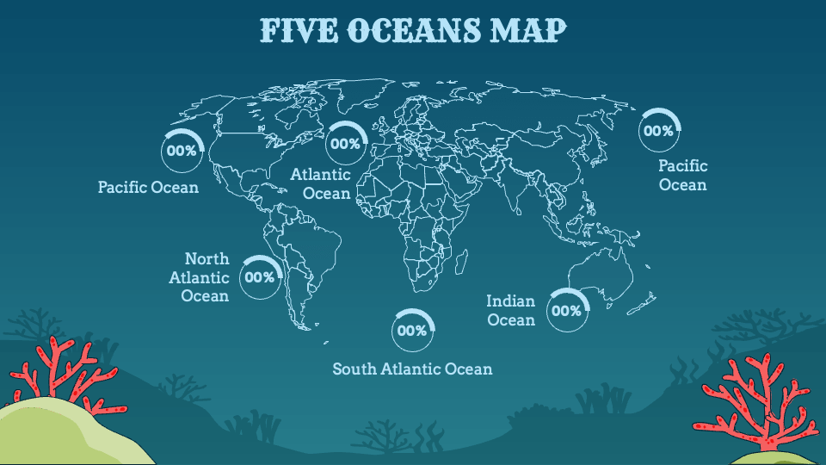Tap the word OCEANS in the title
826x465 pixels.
click(413, 30)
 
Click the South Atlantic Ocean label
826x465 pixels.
click(413, 369)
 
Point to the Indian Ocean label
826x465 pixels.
click(511, 310)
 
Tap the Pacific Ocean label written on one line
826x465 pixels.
click(148, 187)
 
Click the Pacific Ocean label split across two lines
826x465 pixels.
click(683, 175)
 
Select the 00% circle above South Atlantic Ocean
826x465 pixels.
click(413, 331)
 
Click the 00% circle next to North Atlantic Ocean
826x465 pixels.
click(260, 277)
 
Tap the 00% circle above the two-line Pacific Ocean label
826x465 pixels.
click(658, 132)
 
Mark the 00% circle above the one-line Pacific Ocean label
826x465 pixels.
click(182, 151)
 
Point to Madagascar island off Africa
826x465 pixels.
click(462, 259)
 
